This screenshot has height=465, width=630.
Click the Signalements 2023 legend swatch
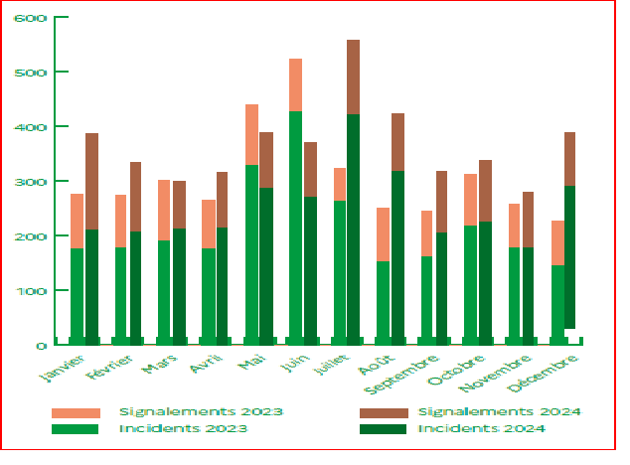(76, 411)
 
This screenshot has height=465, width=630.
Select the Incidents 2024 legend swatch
(382, 429)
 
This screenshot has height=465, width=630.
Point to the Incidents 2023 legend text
(183, 429)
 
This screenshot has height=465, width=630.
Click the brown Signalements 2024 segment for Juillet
(353, 77)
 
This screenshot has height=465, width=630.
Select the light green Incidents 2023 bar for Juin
(295, 228)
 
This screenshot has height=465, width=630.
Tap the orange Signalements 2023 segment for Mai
(251, 134)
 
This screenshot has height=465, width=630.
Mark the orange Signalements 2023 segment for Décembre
(557, 242)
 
